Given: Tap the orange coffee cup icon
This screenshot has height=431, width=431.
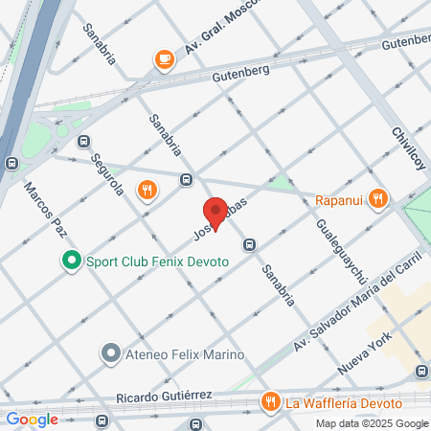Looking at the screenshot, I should point(164,60).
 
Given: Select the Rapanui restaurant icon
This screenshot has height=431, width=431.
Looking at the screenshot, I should point(379,199).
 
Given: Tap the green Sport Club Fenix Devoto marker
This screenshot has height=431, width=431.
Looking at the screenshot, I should point(70,260).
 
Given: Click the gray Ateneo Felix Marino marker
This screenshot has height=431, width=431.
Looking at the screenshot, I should point(111,353).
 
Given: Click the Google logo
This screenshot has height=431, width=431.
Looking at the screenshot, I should point(33,419).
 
